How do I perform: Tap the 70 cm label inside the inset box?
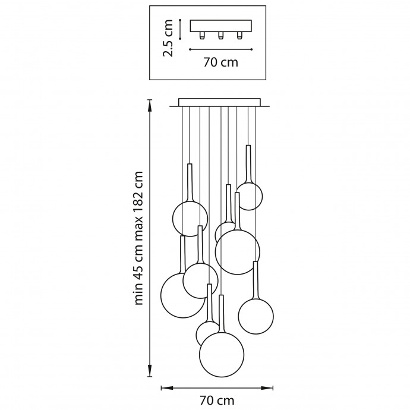tap(220, 62)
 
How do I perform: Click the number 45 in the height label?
tap(139, 270)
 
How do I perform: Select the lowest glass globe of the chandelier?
tap(222, 355)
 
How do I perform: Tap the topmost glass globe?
tap(249, 195)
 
